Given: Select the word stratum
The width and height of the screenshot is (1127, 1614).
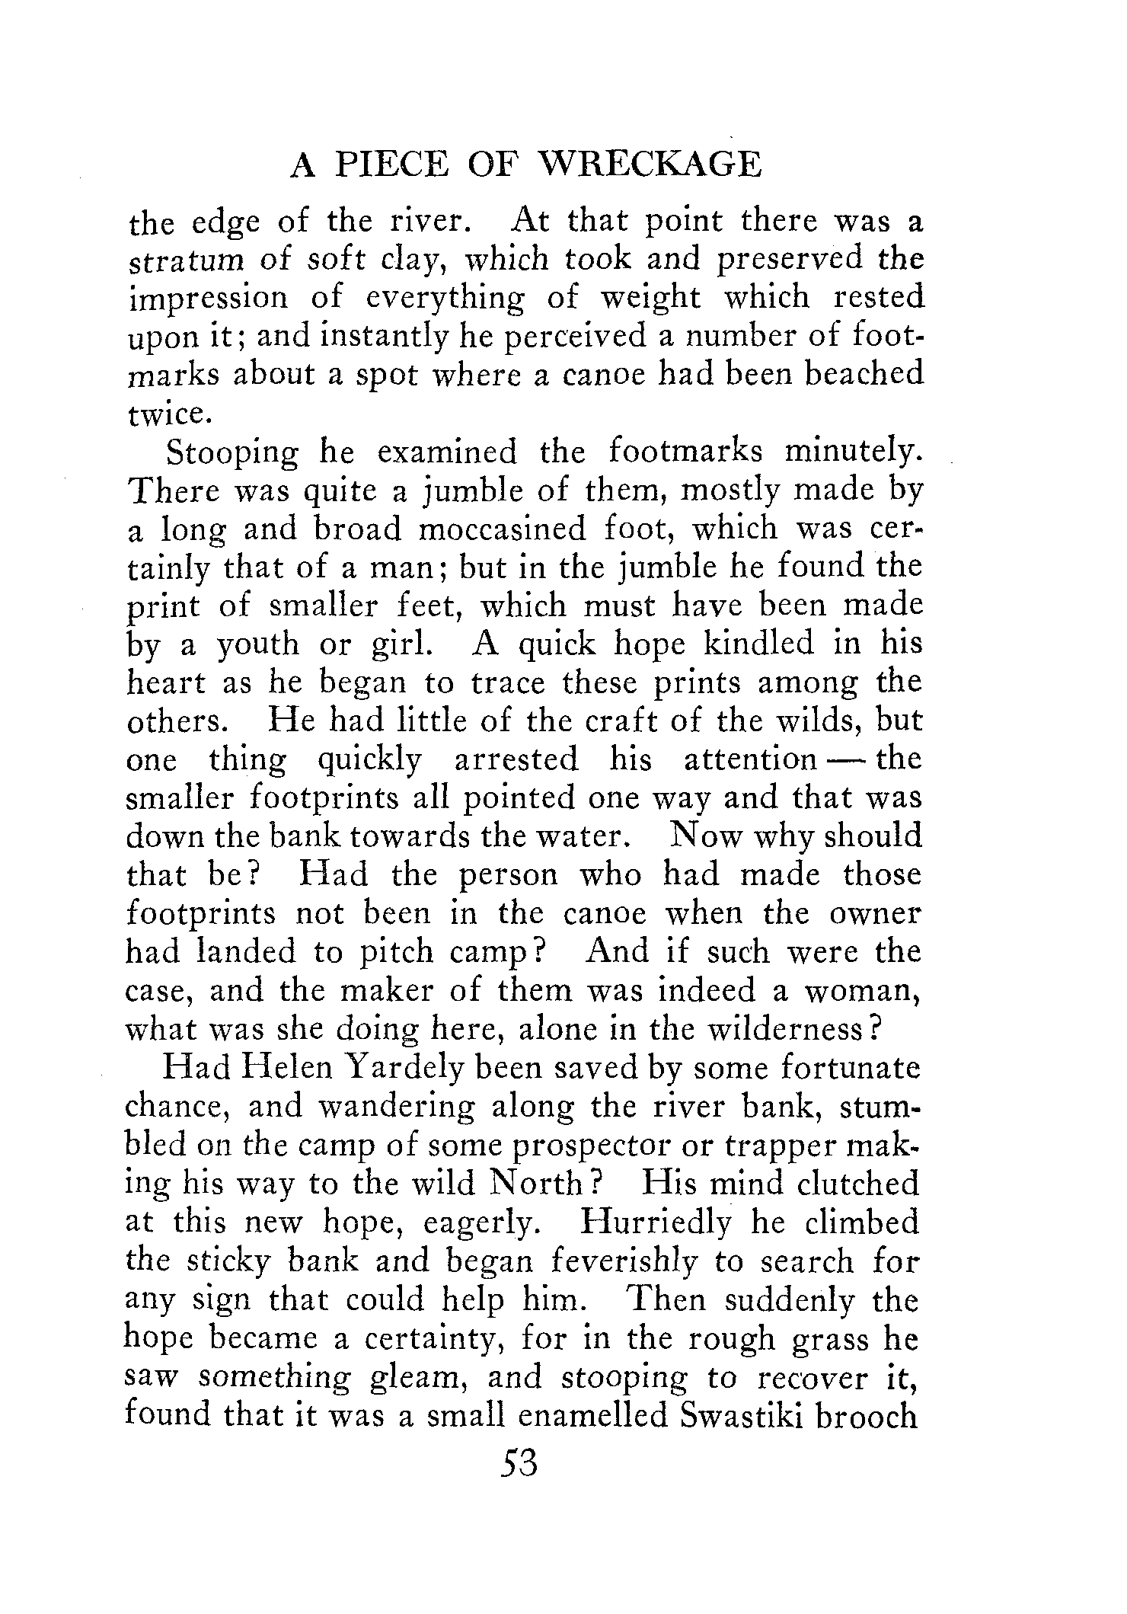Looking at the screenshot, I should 181,260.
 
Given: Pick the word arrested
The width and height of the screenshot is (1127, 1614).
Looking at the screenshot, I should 516,759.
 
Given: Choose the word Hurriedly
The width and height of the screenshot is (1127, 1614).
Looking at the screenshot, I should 655,1222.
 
